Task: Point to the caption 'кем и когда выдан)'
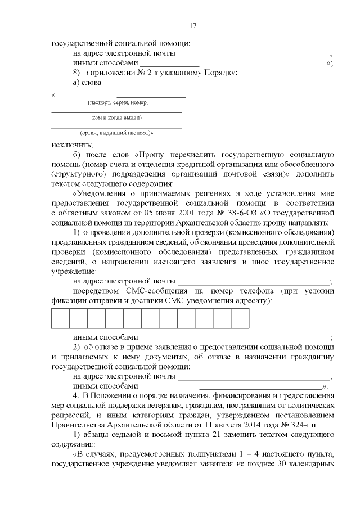[116, 118]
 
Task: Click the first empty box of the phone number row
[60, 319]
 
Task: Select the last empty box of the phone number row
[240, 319]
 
